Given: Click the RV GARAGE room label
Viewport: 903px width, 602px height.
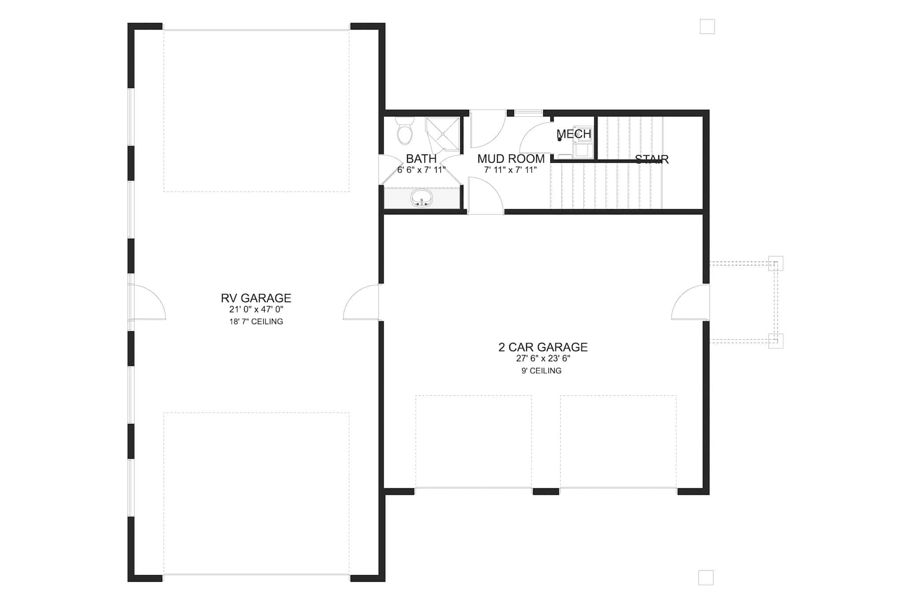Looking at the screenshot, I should (256, 298).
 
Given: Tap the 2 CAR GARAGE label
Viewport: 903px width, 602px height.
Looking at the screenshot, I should (543, 347).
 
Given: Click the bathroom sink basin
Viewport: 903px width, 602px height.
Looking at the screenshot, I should (422, 198).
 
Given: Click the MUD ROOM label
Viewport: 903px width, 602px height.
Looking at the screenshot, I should (511, 159).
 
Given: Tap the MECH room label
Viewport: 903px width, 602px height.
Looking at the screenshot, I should (574, 134).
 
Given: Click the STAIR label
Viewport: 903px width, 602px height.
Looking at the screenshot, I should (652, 159).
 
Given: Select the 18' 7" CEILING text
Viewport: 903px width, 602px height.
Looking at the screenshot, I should (256, 322).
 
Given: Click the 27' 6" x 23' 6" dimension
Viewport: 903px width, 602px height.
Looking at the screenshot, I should (543, 359).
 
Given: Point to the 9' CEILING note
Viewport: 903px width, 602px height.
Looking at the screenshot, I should (541, 371).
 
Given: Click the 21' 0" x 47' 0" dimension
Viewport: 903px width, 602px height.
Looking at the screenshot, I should (256, 310).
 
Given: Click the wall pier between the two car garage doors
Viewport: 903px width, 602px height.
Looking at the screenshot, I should (546, 491).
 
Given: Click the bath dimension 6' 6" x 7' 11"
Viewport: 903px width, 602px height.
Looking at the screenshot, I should (421, 170).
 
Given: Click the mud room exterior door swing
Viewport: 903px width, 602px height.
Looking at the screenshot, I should (487, 129).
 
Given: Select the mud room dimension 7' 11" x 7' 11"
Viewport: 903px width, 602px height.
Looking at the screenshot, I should (510, 170).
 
